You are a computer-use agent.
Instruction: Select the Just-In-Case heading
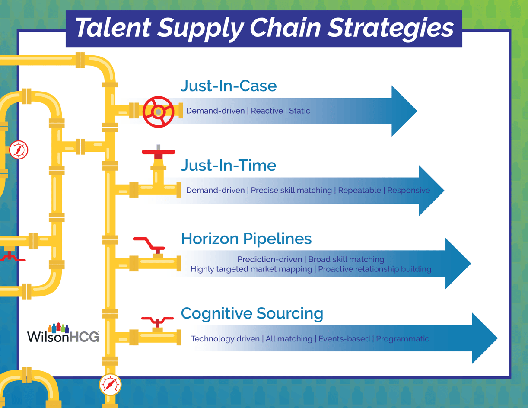[229, 86]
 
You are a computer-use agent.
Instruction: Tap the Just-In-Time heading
[228, 165]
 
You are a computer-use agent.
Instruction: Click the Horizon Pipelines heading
[246, 239]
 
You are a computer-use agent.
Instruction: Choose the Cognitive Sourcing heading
[252, 313]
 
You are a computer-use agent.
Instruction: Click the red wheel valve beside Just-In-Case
[158, 112]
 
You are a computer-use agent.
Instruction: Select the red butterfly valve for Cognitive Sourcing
[157, 321]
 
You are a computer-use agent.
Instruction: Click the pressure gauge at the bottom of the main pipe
[110, 384]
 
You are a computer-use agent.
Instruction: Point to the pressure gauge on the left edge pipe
[19, 150]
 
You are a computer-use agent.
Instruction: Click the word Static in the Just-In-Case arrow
[299, 111]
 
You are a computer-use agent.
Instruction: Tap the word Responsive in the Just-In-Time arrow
[408, 190]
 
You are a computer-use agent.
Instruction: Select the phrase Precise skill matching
[291, 190]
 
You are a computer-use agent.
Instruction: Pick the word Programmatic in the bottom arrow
[402, 338]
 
